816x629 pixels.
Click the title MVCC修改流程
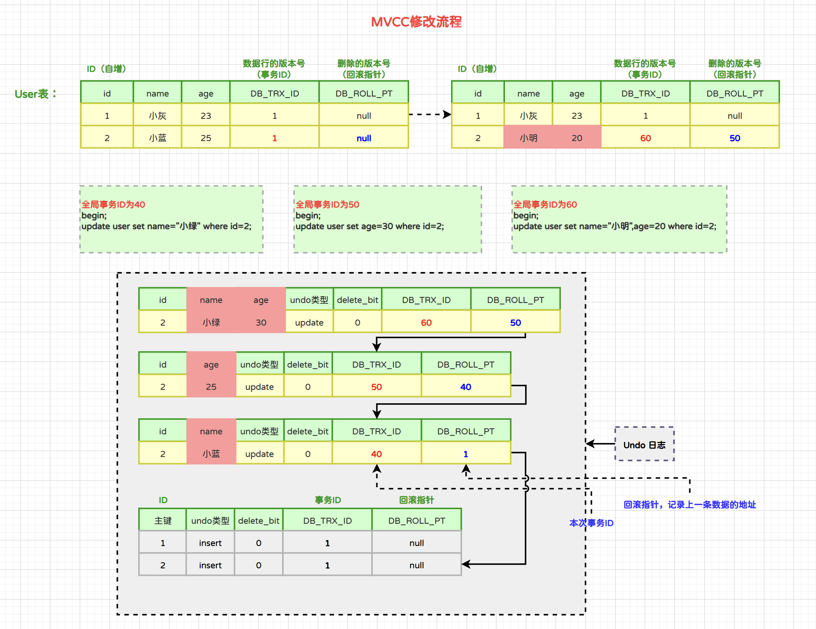pyautogui.click(x=416, y=22)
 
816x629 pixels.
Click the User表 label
pyautogui.click(x=36, y=94)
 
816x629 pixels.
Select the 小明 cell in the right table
pyautogui.click(x=528, y=138)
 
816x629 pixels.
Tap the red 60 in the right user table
pyautogui.click(x=645, y=138)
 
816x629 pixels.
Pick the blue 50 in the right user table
pyautogui.click(x=734, y=138)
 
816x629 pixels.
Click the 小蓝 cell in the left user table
pyautogui.click(x=157, y=138)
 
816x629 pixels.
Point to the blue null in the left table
pyautogui.click(x=363, y=138)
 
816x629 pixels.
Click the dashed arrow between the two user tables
pyautogui.click(x=430, y=114)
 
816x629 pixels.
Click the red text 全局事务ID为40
pyautogui.click(x=113, y=204)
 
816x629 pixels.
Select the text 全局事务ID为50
pyautogui.click(x=327, y=204)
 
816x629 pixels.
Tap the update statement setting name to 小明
pyautogui.click(x=615, y=226)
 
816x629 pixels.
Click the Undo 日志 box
pyautogui.click(x=645, y=444)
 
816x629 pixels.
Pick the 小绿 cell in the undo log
pyautogui.click(x=211, y=322)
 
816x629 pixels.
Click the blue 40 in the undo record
pyautogui.click(x=465, y=387)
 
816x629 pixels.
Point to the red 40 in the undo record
pyautogui.click(x=376, y=454)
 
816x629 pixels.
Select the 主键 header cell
pyautogui.click(x=163, y=520)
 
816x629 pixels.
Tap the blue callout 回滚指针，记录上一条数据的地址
pyautogui.click(x=689, y=505)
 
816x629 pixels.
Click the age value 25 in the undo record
pyautogui.click(x=211, y=387)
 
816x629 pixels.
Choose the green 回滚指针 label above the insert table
pyautogui.click(x=416, y=500)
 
